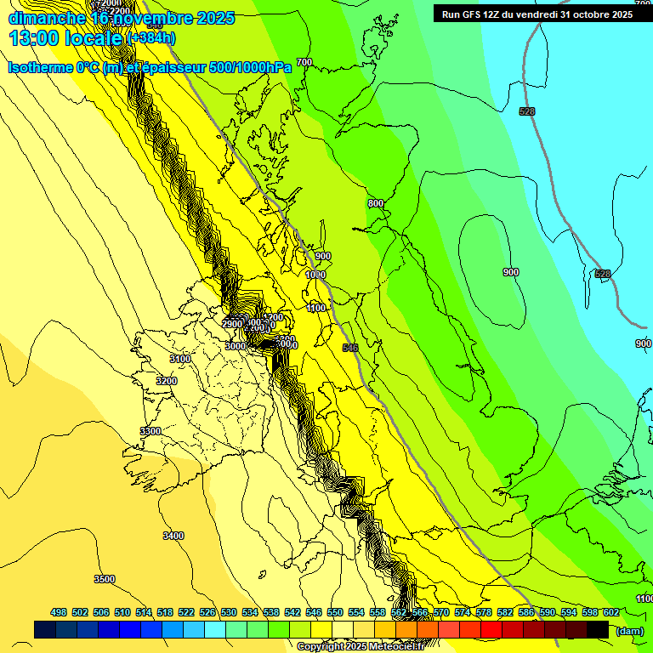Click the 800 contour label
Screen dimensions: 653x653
pyautogui.click(x=376, y=204)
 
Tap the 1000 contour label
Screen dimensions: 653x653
pyautogui.click(x=315, y=275)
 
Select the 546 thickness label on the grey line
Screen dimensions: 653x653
pyautogui.click(x=350, y=348)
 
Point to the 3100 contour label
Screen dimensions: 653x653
pyautogui.click(x=179, y=360)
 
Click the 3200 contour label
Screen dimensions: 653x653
pyautogui.click(x=167, y=381)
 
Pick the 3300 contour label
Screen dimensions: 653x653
pyautogui.click(x=150, y=432)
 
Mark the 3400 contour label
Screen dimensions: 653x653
pyautogui.click(x=173, y=536)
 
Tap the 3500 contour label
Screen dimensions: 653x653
pyautogui.click(x=104, y=579)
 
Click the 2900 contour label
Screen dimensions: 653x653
pyautogui.click(x=233, y=324)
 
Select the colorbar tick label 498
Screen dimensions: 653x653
pyautogui.click(x=59, y=612)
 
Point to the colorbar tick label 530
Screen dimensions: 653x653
pyautogui.click(x=229, y=612)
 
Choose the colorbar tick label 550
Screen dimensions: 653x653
pyautogui.click(x=335, y=612)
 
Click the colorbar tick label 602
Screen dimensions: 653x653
pyautogui.click(x=610, y=612)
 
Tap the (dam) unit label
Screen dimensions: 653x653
pyautogui.click(x=628, y=631)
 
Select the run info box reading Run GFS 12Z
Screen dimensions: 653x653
pyautogui.click(x=537, y=14)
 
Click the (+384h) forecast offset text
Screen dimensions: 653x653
pyautogui.click(x=150, y=38)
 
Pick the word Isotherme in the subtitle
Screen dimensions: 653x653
pyautogui.click(x=40, y=67)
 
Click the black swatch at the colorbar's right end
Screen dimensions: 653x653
pyautogui.click(x=598, y=630)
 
